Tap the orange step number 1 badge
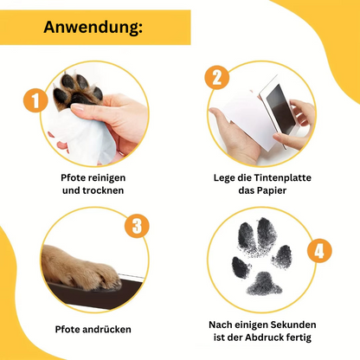coord(35,100)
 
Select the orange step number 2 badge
coord(217,77)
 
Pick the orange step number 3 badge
coord(137,226)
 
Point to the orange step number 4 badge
coord(319,250)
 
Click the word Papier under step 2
coord(272,190)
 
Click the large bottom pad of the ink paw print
coord(264,284)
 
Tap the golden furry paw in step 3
coord(80,267)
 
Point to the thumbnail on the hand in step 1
coord(77,108)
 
